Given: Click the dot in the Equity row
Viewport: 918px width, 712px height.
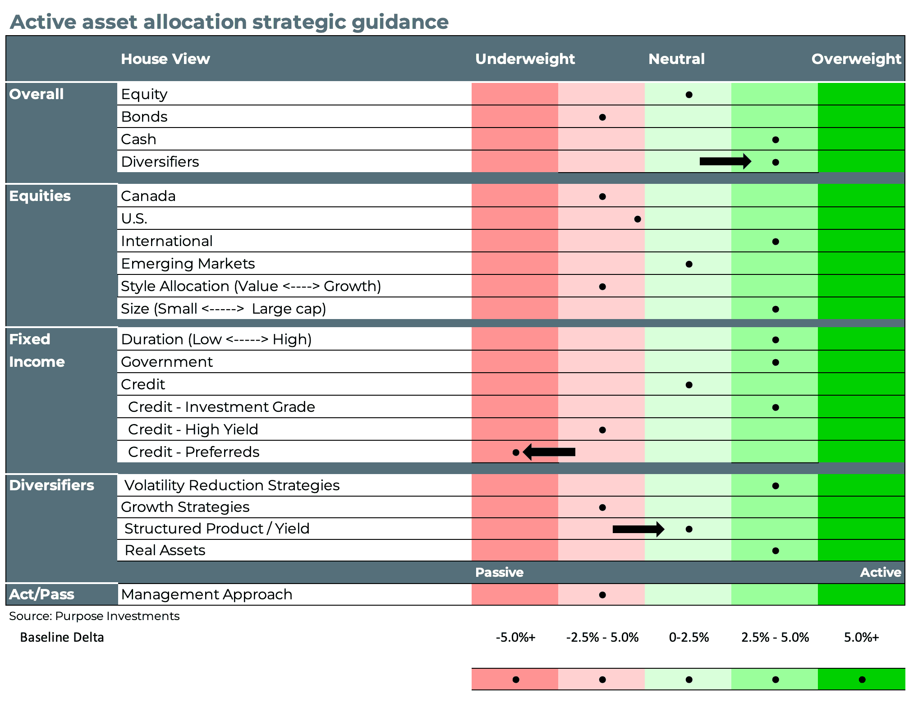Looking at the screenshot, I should pos(688,95).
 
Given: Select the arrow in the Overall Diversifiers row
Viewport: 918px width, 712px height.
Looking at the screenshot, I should pos(725,161).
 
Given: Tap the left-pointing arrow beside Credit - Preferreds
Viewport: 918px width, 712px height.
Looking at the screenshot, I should pos(549,452).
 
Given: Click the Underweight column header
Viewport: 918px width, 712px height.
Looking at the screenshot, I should pos(525,59).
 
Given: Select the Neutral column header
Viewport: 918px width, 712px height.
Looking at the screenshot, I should pos(676,59).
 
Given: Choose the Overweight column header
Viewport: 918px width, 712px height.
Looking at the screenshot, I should pos(856,59).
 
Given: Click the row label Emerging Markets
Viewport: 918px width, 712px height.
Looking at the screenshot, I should pos(188,264).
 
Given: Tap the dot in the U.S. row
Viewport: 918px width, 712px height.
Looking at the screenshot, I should pos(637,219).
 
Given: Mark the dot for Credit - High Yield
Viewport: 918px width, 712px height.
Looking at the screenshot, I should pos(602,430).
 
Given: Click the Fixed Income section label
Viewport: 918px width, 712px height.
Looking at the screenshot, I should pos(37,351).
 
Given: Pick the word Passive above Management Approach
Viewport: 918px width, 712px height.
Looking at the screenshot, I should pos(499,572).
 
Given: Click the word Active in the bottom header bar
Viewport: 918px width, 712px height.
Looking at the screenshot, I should pos(880,572).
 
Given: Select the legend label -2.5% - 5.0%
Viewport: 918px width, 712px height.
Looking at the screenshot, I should pos(602,637).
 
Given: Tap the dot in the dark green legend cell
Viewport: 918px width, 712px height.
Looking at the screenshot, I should pos(862,680).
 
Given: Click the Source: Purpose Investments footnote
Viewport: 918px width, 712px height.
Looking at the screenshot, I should pos(94,616).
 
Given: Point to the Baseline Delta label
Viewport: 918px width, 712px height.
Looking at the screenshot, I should pos(62,637).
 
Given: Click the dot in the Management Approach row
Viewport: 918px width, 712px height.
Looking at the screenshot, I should pos(602,595).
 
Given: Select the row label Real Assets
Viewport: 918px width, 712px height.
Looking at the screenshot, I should pos(165,550).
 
